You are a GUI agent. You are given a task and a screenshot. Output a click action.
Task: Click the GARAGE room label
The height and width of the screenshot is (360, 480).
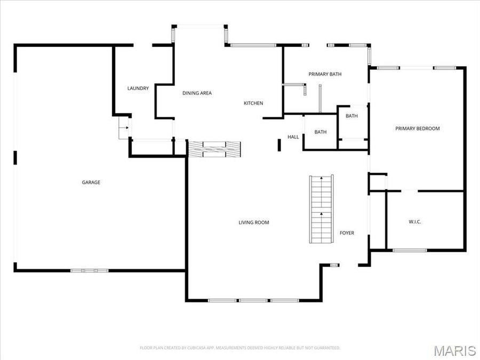tap(91, 182)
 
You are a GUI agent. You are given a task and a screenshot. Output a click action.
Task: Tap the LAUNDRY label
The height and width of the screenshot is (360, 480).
tap(138, 89)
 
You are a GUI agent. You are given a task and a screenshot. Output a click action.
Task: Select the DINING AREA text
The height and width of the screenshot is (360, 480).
tap(197, 93)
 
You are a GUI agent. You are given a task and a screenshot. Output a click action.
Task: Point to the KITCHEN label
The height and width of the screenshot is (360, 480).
tap(253, 103)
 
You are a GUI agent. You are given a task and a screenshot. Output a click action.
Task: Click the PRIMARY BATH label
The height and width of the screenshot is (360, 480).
tap(325, 74)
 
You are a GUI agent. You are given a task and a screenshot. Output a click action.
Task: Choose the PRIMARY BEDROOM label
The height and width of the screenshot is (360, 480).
tap(417, 129)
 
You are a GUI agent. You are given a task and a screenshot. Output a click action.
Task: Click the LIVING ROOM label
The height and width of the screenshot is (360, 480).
tap(253, 222)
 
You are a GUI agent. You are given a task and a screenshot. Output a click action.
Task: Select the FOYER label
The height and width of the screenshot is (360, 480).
tap(347, 233)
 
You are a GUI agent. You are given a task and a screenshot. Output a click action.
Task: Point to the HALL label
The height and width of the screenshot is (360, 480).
tap(293, 137)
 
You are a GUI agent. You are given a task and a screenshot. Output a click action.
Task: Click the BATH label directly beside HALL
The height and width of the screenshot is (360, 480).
tap(320, 132)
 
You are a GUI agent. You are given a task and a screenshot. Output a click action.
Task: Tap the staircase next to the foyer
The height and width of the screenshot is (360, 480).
tap(322, 209)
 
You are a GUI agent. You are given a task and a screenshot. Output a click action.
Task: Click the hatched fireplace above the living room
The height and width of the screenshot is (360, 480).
tap(215, 149)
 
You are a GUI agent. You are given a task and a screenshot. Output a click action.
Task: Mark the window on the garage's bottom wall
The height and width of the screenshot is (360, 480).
tap(89, 270)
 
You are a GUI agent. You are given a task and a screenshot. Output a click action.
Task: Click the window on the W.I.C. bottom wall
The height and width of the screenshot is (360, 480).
tap(409, 250)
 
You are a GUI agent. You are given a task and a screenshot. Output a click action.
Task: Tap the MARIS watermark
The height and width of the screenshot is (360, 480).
tap(454, 350)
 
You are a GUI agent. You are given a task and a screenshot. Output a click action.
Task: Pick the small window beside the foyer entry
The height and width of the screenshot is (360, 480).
tap(334, 265)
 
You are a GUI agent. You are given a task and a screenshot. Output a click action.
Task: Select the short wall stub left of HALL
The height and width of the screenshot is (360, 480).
tap(279, 145)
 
